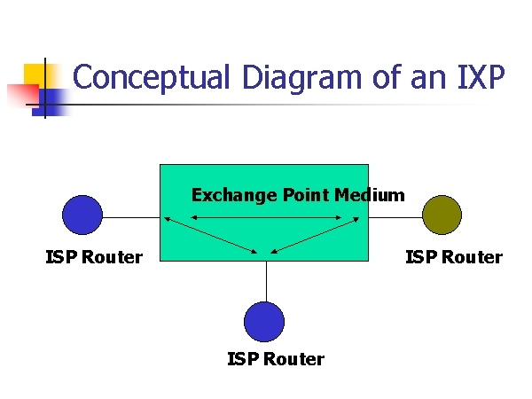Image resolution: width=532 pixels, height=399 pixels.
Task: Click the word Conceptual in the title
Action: click(142, 79)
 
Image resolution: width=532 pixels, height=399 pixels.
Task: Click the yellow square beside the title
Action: click(35, 73)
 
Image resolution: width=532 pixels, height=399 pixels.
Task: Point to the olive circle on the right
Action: click(442, 215)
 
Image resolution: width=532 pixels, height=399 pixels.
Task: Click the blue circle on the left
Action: click(82, 215)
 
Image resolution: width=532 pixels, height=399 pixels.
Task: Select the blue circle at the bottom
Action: click(264, 322)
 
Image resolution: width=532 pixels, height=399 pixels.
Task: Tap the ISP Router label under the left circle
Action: click(94, 258)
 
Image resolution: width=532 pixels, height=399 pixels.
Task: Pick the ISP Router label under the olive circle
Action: click(454, 258)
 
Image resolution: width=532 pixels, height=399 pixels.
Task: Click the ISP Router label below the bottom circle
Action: click(276, 360)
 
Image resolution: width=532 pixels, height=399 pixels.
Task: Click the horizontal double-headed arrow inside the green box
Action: click(266, 218)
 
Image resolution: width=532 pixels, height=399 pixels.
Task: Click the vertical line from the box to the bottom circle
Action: click(266, 281)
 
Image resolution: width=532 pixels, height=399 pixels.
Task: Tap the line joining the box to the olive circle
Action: click(395, 216)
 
